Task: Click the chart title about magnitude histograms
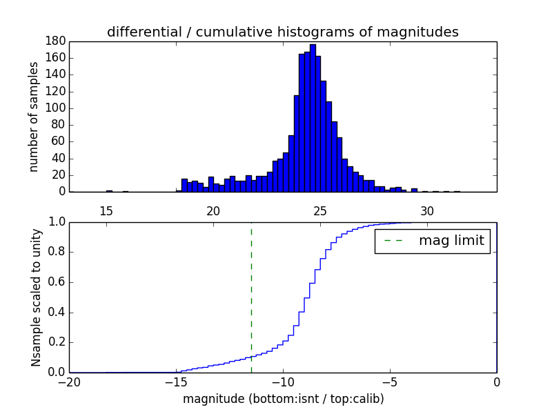point(282,32)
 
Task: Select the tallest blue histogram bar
point(313,117)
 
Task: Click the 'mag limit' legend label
point(451,241)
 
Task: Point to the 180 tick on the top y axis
point(56,41)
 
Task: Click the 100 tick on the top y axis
point(56,108)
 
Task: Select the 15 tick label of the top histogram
point(106,211)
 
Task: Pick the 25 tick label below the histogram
point(320,211)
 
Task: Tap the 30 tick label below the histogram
point(427,211)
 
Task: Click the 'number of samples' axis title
point(34,117)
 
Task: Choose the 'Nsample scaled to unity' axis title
point(36,297)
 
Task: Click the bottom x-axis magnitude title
point(283,399)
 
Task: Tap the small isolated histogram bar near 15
point(109,191)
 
